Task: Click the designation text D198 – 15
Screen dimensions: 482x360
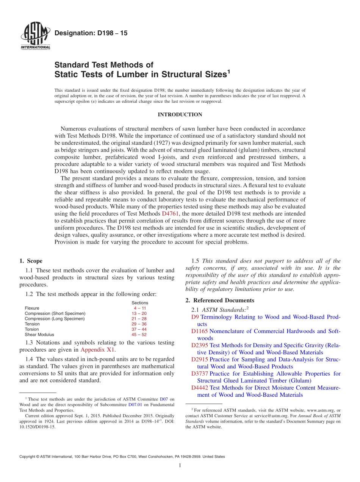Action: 91,33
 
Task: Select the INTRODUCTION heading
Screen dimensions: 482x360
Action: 180,114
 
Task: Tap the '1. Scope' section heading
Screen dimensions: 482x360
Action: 31,261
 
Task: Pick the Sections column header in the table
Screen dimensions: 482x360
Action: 140,303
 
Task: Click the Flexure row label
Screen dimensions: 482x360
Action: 32,308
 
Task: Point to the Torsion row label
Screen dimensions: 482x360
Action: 32,329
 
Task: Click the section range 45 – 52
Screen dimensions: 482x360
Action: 139,335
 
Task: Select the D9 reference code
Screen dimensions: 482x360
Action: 195,317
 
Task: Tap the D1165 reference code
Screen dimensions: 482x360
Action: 199,331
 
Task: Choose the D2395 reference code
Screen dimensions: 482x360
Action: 200,345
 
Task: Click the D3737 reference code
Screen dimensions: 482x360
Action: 200,374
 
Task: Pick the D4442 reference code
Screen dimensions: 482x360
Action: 200,388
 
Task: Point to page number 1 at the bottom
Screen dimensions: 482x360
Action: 180,465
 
